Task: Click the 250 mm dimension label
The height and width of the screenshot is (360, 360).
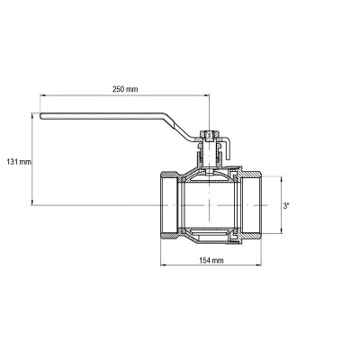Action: pyautogui.click(x=125, y=89)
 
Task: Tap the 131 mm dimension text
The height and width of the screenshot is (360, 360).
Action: pyautogui.click(x=19, y=162)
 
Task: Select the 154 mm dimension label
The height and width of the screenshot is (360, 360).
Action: pyautogui.click(x=211, y=260)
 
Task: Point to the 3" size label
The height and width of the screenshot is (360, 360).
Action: pyautogui.click(x=286, y=206)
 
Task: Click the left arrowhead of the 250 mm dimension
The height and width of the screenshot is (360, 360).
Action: pyautogui.click(x=42, y=95)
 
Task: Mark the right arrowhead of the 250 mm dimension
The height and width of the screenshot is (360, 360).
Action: pyautogui.click(x=207, y=95)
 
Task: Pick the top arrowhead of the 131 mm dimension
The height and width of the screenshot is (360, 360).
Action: pyautogui.click(x=31, y=115)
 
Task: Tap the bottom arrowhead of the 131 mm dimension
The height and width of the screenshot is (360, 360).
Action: pyautogui.click(x=31, y=202)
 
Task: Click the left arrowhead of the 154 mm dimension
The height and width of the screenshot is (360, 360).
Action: pyautogui.click(x=163, y=265)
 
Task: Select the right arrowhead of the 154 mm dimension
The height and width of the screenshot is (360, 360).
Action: pyautogui.click(x=258, y=265)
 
